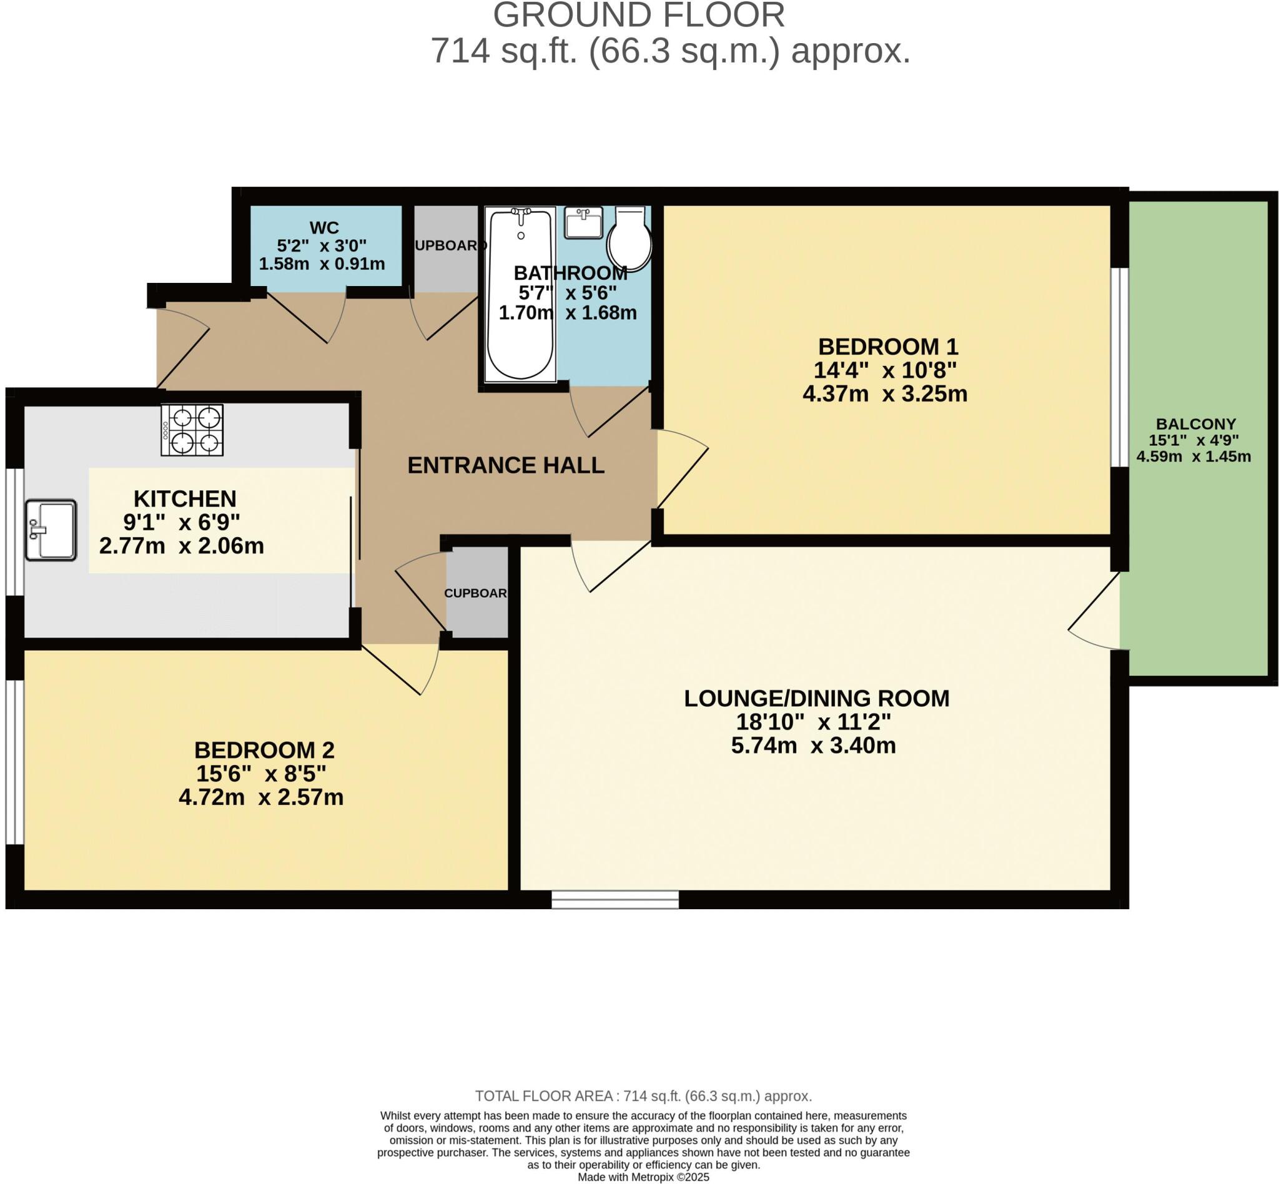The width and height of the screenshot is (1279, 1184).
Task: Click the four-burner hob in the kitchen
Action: coord(192,429)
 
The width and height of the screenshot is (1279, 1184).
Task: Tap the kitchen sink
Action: coord(51,530)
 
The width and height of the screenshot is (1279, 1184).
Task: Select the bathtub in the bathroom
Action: coord(520,294)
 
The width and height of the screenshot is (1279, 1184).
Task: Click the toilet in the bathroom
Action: coord(630,239)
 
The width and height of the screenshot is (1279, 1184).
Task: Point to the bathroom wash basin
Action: coord(583,222)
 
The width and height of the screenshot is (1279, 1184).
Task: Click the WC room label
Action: coord(323,227)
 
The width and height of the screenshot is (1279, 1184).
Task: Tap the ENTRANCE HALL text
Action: coord(506,465)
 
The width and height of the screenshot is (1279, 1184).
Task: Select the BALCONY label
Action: coord(1195,423)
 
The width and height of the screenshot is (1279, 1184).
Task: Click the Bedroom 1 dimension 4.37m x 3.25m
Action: coord(884,393)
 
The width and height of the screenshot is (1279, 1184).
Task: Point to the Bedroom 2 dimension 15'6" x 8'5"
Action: coord(261,773)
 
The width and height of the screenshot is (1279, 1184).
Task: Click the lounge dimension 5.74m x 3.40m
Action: coord(812,745)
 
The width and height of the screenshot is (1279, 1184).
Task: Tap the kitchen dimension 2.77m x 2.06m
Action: coord(181,546)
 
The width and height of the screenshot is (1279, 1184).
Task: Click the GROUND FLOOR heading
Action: coord(638,16)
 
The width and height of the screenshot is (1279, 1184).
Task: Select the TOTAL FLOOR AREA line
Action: coord(643,1095)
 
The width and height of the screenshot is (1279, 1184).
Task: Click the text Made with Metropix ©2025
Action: coord(643,1177)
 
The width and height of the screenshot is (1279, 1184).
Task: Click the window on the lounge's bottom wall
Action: coord(615,899)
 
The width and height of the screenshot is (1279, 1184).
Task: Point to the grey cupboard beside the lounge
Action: coord(477,593)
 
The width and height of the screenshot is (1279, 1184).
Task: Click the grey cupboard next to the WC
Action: coord(445,249)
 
